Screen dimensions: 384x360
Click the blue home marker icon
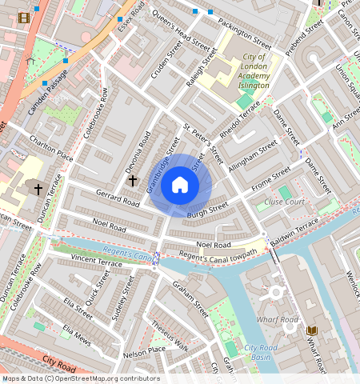click(180, 186)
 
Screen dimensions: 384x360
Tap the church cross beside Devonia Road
click(133, 182)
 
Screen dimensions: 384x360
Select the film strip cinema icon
click(24, 18)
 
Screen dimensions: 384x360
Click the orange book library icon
click(312, 330)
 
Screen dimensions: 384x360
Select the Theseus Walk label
click(170, 339)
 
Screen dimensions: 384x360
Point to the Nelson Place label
click(145, 350)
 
